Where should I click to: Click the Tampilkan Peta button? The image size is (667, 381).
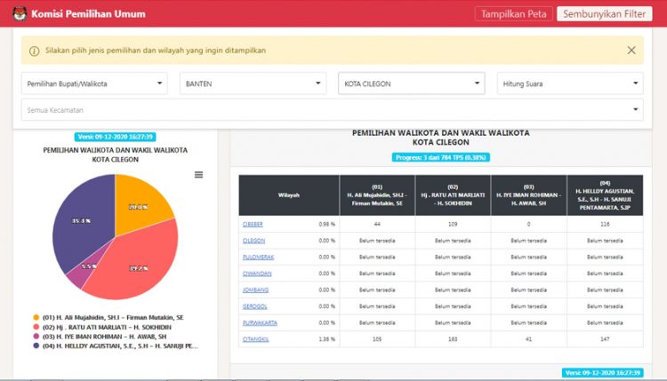pyautogui.click(x=513, y=14)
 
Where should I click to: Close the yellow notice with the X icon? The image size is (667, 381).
pyautogui.click(x=631, y=51)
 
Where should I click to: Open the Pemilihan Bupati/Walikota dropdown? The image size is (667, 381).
pyautogui.click(x=93, y=83)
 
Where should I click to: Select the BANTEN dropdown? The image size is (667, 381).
pyautogui.click(x=253, y=83)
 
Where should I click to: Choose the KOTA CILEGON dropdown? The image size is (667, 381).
pyautogui.click(x=411, y=83)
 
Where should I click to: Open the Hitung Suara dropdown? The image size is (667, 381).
pyautogui.click(x=569, y=83)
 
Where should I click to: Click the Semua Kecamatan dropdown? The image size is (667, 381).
pyautogui.click(x=331, y=109)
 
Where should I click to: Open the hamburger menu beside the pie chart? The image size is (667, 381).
pyautogui.click(x=198, y=175)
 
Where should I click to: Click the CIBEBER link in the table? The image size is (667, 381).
pyautogui.click(x=253, y=224)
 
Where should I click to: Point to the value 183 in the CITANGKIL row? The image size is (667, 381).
pyautogui.click(x=452, y=338)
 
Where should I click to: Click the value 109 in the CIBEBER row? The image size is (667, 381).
pyautogui.click(x=452, y=224)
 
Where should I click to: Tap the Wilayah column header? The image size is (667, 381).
pyautogui.click(x=288, y=194)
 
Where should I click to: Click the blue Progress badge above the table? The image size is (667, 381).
pyautogui.click(x=440, y=157)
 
